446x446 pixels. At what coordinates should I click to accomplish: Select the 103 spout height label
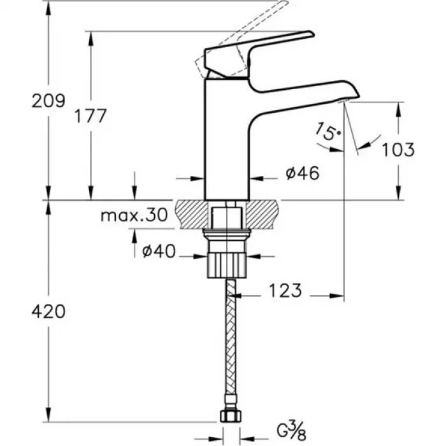(x=399, y=150)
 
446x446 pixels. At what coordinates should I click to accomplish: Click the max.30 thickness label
(x=133, y=215)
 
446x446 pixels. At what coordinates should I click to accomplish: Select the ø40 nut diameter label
(x=157, y=252)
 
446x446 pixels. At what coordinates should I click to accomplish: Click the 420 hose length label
(x=48, y=312)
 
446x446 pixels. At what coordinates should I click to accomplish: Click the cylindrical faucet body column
(x=226, y=140)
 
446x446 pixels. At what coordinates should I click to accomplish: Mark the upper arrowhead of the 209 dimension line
(x=48, y=8)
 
